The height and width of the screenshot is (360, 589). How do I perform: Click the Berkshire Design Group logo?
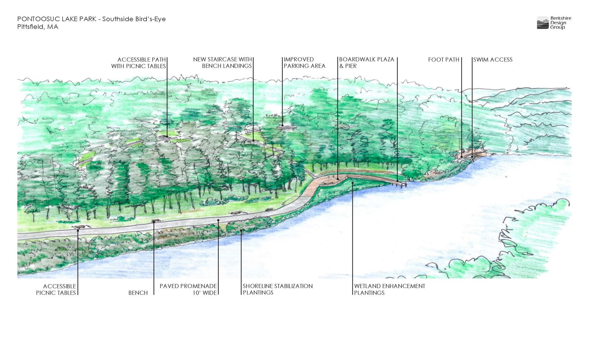554,23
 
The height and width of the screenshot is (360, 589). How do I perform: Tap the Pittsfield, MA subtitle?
38,27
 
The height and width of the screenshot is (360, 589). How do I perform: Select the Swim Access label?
493,60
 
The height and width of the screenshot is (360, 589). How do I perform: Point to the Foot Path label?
444,60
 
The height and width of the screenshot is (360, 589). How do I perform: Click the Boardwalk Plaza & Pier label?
366,63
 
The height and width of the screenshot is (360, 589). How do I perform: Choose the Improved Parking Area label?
304,63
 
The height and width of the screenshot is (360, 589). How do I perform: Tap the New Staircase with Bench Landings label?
223,63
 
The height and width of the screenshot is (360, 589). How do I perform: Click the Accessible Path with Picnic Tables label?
138,63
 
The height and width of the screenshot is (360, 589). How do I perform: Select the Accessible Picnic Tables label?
56,289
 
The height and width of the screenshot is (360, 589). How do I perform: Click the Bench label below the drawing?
138,293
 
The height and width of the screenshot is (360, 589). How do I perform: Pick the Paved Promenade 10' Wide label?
188,289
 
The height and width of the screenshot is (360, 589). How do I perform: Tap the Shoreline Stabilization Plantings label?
277,289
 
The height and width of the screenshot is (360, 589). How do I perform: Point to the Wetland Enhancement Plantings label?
389,289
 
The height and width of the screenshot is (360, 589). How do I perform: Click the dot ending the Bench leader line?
154,222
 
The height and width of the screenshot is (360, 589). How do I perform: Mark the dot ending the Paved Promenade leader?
218,220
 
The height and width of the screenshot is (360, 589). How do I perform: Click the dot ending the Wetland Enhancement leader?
352,183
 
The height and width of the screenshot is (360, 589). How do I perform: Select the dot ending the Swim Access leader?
472,157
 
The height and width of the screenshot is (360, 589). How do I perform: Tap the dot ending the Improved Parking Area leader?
282,125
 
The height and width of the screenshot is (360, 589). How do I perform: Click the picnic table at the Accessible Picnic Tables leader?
79,227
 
